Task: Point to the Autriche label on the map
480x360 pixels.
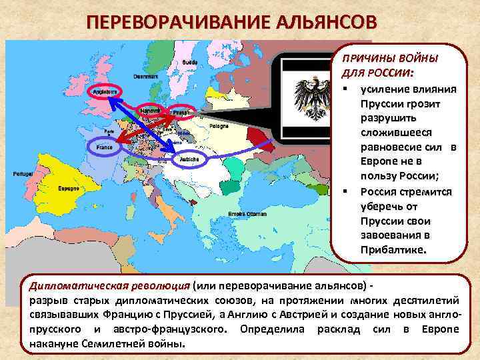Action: (x=189, y=159)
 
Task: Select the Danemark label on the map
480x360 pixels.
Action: (x=144, y=76)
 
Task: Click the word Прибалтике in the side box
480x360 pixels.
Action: (x=391, y=248)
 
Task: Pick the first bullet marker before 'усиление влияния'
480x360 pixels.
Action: (x=345, y=89)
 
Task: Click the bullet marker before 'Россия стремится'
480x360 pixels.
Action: (x=345, y=191)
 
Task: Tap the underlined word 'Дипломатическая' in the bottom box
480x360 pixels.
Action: (x=73, y=286)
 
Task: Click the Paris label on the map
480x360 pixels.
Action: (x=101, y=131)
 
